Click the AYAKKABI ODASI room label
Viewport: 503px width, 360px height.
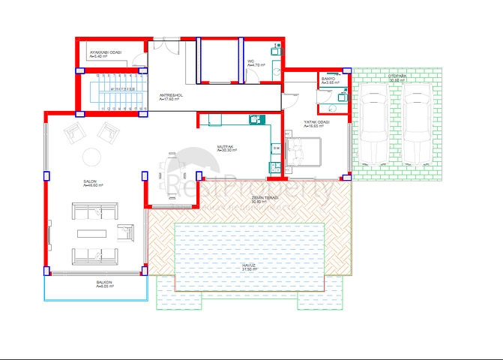[106, 52]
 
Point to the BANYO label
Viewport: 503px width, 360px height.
[328, 78]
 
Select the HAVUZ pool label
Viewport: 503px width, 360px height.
[250, 265]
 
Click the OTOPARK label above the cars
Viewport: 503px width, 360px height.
[397, 76]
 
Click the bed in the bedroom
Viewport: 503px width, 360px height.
[306, 153]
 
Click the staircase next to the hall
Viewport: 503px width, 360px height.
[112, 91]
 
